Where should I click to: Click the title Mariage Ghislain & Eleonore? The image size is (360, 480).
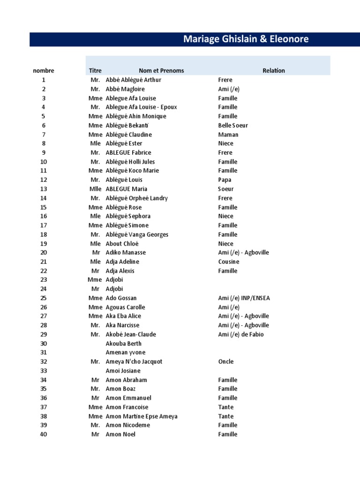(x=246, y=39)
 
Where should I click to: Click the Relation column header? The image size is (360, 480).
(x=273, y=71)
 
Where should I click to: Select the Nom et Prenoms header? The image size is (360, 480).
(x=161, y=71)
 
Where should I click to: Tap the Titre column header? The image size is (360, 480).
(x=95, y=71)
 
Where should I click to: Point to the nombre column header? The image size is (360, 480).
(x=44, y=71)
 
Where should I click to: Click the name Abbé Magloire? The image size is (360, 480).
(x=125, y=89)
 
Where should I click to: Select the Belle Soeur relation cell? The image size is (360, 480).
(x=233, y=126)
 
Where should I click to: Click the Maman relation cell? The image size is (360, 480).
(x=228, y=135)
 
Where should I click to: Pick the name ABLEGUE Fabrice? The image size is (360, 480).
(x=128, y=153)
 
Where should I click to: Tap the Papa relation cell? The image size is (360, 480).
(x=225, y=180)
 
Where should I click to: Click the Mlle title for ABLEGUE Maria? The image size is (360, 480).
(x=96, y=189)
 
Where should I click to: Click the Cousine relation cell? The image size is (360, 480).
(x=229, y=262)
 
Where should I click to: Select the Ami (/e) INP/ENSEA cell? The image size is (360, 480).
(x=244, y=298)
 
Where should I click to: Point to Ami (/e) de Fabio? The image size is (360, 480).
(x=241, y=335)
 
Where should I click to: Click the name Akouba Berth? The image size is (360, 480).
(x=124, y=344)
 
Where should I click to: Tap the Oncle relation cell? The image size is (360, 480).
(x=226, y=362)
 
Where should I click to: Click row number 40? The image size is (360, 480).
(x=44, y=435)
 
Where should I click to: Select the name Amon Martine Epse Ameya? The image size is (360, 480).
(x=142, y=416)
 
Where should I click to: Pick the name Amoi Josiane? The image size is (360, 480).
(x=123, y=371)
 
